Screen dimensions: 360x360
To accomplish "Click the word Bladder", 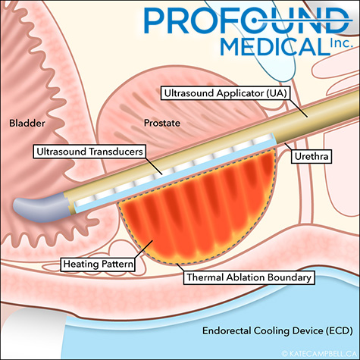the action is click(x=27, y=123).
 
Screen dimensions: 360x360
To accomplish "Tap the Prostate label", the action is click(x=162, y=123).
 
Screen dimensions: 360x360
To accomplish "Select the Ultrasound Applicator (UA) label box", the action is click(x=226, y=93).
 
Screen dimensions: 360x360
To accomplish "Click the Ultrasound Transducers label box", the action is click(x=89, y=152).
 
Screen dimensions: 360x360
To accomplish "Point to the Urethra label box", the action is click(x=311, y=156).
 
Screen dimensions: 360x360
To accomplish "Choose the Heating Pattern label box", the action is click(x=98, y=265).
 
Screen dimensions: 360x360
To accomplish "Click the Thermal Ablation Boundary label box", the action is click(x=249, y=277).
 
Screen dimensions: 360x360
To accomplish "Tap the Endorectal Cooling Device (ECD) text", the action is click(x=277, y=330).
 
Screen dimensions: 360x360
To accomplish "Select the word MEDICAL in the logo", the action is click(x=275, y=47).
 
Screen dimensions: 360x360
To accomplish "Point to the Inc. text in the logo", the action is click(x=341, y=43).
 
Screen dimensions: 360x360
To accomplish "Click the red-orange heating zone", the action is click(x=197, y=210).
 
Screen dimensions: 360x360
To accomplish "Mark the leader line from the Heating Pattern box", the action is click(x=143, y=249).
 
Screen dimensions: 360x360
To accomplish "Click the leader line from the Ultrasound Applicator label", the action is click(x=298, y=108).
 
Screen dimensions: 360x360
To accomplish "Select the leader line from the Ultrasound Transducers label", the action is click(x=154, y=166).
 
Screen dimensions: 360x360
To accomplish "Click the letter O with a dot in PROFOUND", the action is click(x=255, y=20).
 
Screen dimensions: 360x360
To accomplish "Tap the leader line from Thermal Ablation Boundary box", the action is click(x=180, y=268).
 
